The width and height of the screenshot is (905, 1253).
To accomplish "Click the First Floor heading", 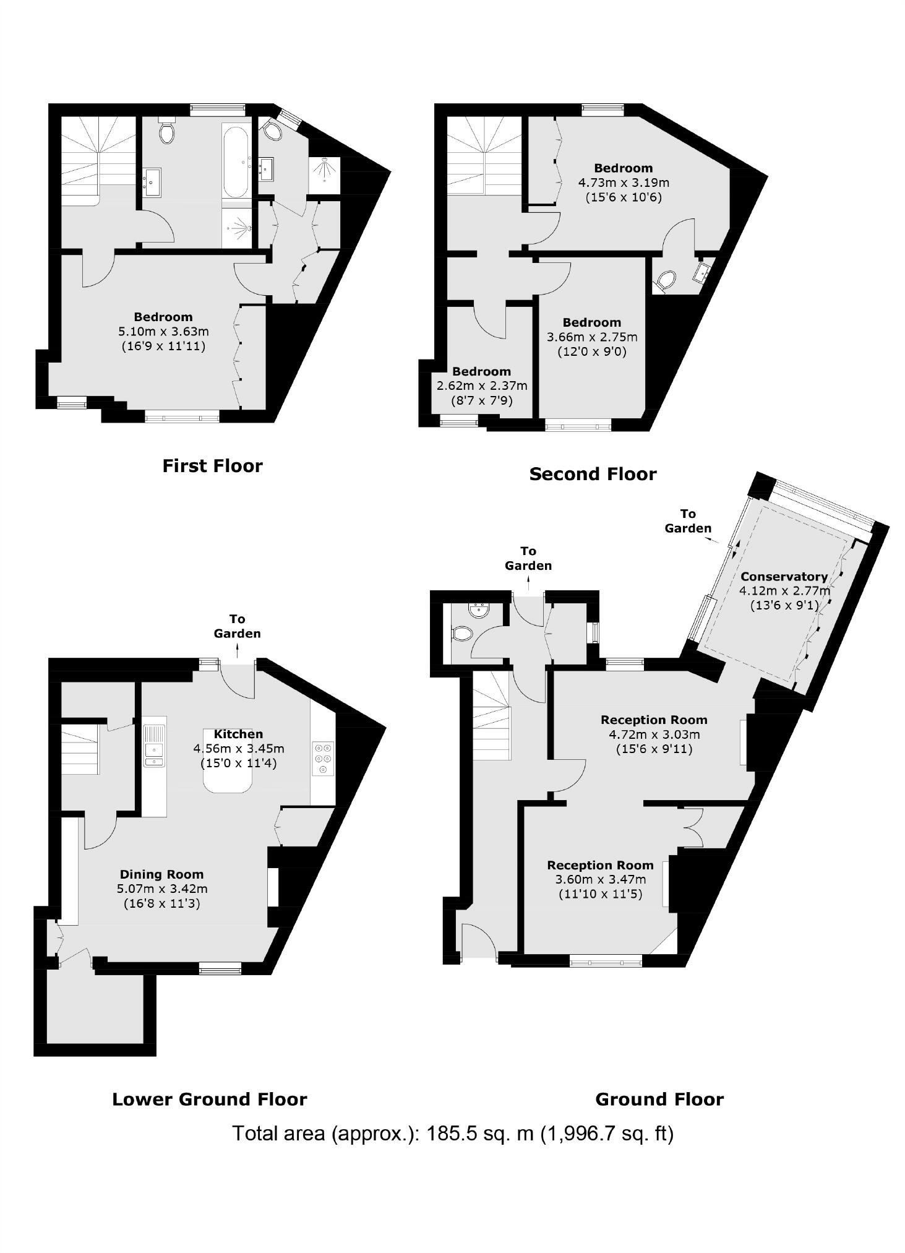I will pyautogui.click(x=212, y=466).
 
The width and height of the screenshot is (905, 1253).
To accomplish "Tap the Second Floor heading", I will pyautogui.click(x=593, y=474).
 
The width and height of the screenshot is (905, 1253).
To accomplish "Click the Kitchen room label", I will pyautogui.click(x=238, y=734).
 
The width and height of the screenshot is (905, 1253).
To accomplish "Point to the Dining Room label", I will pyautogui.click(x=161, y=874).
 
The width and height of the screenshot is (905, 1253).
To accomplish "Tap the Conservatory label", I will pyautogui.click(x=784, y=576).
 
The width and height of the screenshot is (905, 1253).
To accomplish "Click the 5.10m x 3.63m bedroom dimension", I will pyautogui.click(x=163, y=331).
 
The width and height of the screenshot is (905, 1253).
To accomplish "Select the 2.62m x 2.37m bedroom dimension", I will pyautogui.click(x=482, y=386).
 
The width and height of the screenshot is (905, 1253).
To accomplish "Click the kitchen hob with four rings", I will pyautogui.click(x=324, y=757).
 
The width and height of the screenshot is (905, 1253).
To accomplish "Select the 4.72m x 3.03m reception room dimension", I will pyautogui.click(x=654, y=734).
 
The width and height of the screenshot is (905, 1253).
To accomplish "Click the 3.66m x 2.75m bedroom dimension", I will pyautogui.click(x=591, y=337).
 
